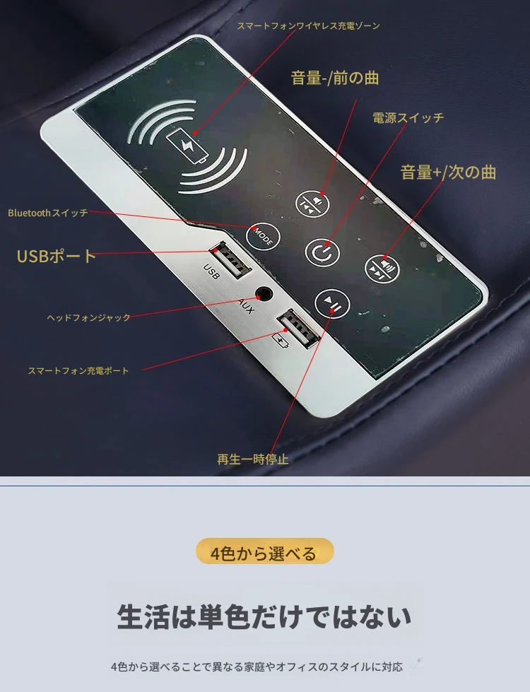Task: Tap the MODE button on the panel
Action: tap(263, 237)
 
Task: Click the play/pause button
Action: tap(332, 304)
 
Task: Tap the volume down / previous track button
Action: tap(312, 204)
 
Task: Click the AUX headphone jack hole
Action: tap(264, 293)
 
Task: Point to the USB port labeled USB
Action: tap(230, 260)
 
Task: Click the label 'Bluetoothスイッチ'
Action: tap(48, 213)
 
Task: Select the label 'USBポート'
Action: tap(56, 256)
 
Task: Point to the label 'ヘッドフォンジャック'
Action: tap(89, 317)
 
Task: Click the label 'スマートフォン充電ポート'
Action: tap(78, 370)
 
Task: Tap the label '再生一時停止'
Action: tap(253, 459)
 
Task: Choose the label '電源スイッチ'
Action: tap(408, 118)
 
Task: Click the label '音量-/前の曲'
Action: tap(335, 78)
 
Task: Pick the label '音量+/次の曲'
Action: tap(448, 172)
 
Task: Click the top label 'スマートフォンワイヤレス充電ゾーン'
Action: tap(309, 25)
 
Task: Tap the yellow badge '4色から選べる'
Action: tap(264, 551)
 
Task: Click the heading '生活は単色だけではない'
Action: tap(264, 616)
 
